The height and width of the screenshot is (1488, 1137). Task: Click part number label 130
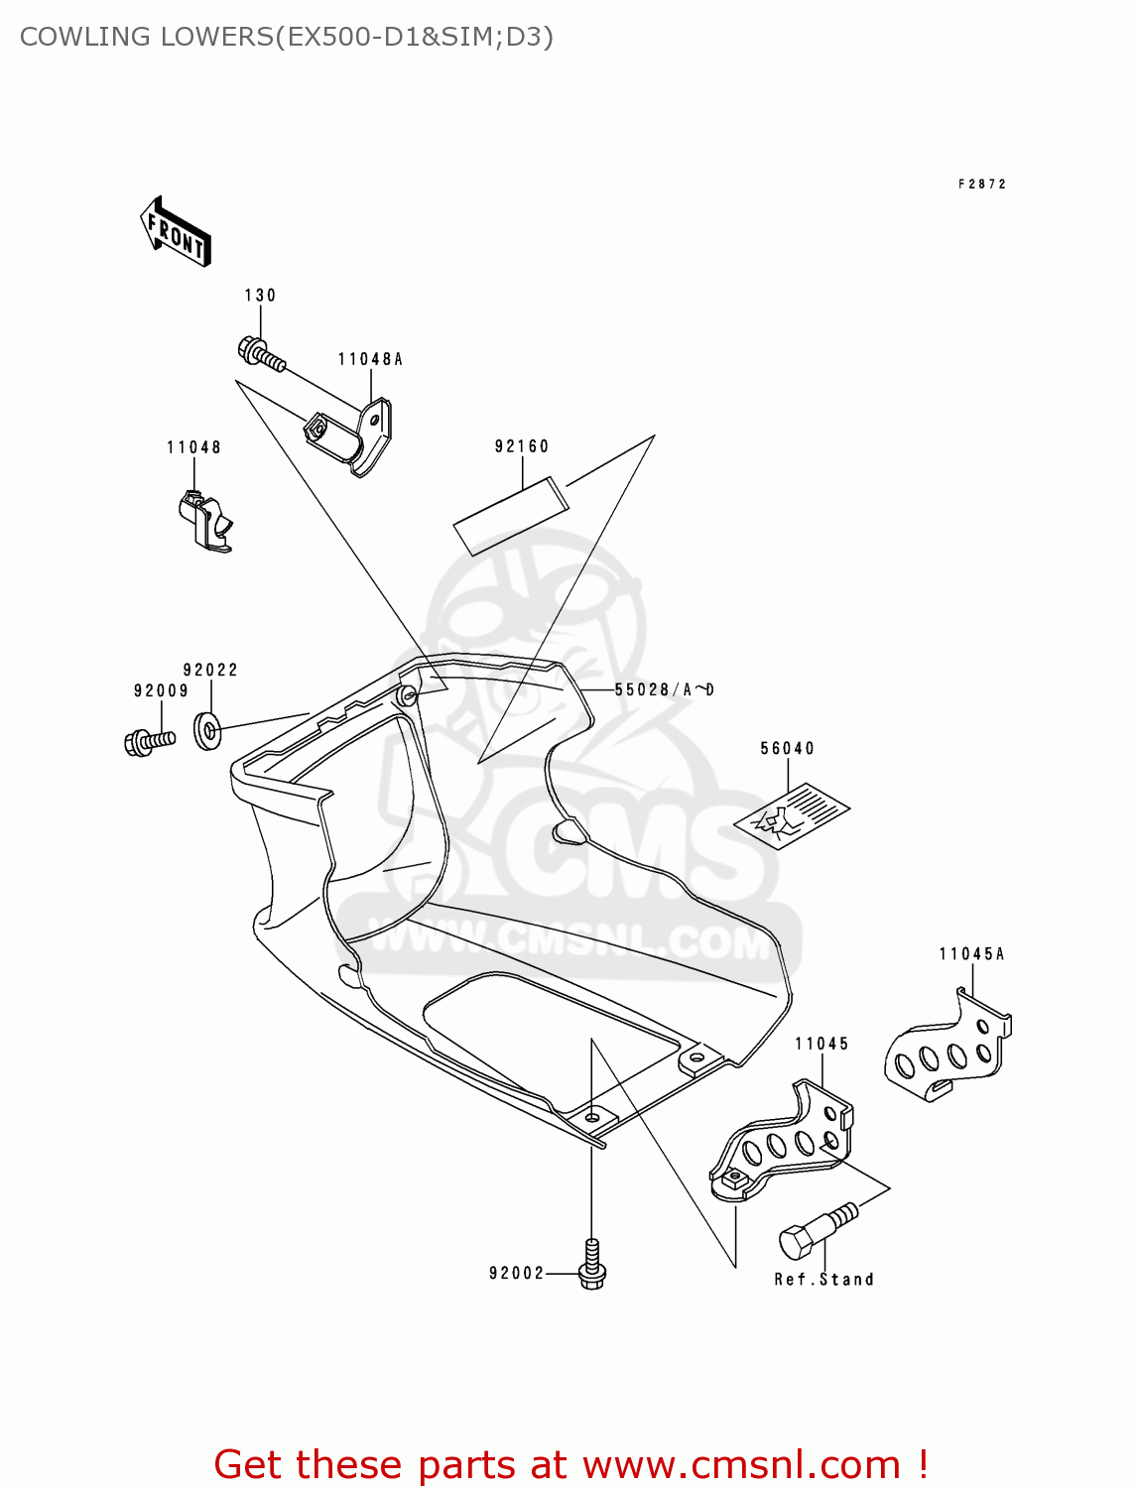(x=260, y=296)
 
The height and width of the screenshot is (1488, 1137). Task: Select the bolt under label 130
(x=261, y=355)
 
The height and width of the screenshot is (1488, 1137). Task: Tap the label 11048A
(x=370, y=359)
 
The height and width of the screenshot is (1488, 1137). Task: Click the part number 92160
(x=522, y=446)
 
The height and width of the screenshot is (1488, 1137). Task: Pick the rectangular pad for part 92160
(x=511, y=515)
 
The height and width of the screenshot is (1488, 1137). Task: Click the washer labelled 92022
(x=207, y=731)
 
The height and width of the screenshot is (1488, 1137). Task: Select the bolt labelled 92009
(x=150, y=741)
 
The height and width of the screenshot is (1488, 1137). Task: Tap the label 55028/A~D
(x=664, y=689)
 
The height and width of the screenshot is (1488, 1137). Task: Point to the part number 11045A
(x=971, y=954)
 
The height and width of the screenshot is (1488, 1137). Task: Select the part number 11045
(x=821, y=1044)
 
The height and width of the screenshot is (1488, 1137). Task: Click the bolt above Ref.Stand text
(x=816, y=1232)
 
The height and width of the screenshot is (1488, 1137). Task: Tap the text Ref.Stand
(x=823, y=1280)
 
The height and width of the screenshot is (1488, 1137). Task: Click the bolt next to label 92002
(x=592, y=1265)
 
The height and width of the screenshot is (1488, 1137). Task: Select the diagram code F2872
(x=982, y=185)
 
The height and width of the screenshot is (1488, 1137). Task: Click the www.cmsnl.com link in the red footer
(x=741, y=1465)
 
